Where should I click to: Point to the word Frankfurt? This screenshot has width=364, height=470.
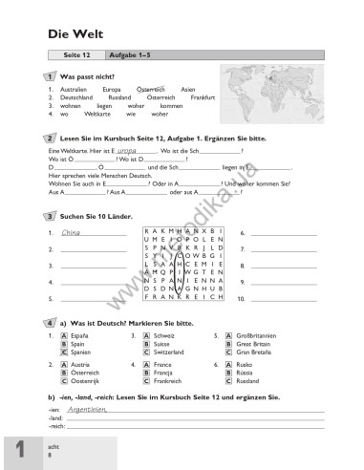(196, 96)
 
